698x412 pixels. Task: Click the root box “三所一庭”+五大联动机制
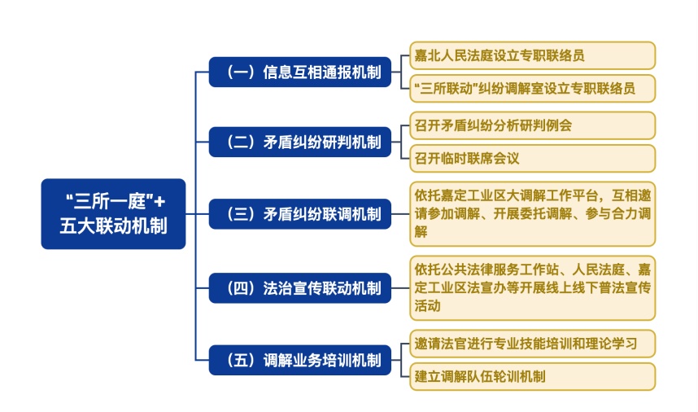[x=113, y=213]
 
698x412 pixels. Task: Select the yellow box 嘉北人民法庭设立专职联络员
[x=532, y=55]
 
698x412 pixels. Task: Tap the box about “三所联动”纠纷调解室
[x=532, y=88]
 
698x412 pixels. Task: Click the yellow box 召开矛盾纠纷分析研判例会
[x=532, y=125]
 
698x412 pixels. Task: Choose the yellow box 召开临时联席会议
[x=532, y=158]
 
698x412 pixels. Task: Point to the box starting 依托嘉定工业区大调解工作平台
[x=532, y=213]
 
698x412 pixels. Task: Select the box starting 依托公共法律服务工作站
[x=532, y=287]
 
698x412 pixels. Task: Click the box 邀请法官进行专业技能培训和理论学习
[x=532, y=343]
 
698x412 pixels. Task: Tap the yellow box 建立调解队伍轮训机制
[x=532, y=376]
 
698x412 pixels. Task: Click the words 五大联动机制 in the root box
[x=113, y=226]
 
